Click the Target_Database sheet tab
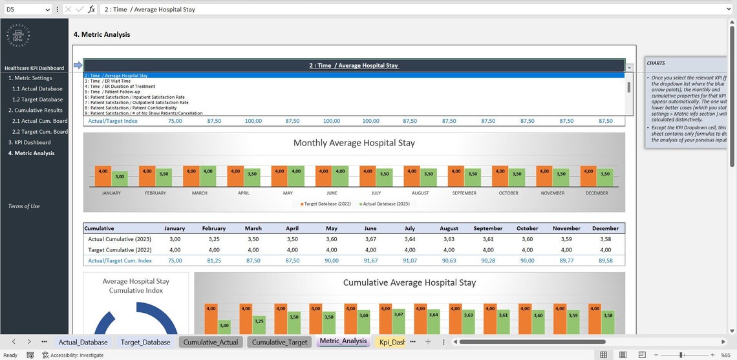[x=145, y=342]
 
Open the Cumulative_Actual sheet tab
[x=210, y=342]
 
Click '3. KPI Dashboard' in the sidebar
[x=29, y=142]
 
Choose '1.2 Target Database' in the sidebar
[x=37, y=100]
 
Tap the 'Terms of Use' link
[x=24, y=206]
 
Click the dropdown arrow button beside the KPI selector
[x=629, y=67]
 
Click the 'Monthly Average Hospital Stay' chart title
[x=354, y=143]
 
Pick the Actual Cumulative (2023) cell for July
[x=409, y=239]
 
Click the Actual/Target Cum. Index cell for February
[x=214, y=260]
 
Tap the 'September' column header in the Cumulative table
[x=487, y=228]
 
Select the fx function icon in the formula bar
[x=91, y=10]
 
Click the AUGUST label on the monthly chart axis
[x=420, y=193]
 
